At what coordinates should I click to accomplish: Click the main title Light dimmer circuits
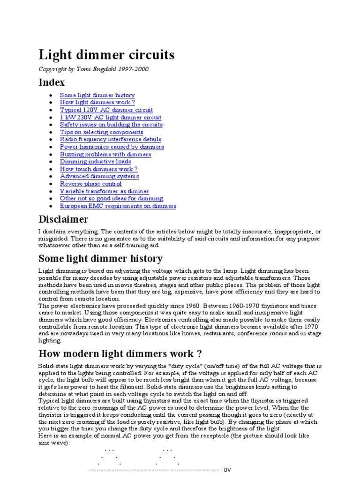point(106,55)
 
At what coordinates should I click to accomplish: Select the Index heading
point(52,82)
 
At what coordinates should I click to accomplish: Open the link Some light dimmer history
point(97,95)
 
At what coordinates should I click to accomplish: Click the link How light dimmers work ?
point(97,102)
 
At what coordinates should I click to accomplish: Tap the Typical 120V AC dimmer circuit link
point(106,110)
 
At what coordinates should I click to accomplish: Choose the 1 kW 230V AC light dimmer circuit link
point(111,117)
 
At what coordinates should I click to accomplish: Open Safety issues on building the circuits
point(111,125)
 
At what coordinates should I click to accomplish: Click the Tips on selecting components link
point(101,132)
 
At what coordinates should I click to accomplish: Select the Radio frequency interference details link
point(111,139)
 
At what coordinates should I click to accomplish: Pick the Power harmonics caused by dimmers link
point(112,147)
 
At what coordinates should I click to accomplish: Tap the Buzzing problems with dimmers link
point(105,154)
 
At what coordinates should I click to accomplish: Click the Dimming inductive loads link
point(95,162)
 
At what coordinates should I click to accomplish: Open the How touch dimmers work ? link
point(98,169)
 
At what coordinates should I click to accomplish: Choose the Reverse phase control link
point(90,184)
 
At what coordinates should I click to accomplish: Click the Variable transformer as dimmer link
point(104,191)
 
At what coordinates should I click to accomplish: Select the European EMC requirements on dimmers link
point(118,206)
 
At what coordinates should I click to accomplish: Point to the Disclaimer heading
point(63,219)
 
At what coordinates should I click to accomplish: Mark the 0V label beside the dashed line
point(227,469)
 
